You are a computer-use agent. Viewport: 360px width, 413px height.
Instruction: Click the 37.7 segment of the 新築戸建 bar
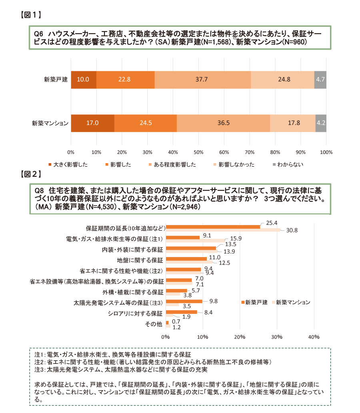point(203,80)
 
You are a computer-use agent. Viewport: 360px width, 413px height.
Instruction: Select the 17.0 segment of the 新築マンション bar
point(92,123)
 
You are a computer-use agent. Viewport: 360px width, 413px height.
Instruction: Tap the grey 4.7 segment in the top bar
point(320,80)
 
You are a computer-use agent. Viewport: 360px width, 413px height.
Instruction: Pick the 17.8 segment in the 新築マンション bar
point(292,123)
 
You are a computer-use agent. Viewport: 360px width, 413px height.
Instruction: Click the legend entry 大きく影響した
point(68,165)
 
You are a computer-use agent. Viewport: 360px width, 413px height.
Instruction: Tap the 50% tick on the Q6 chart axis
point(198,152)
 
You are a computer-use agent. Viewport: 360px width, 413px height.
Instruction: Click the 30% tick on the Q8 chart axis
point(276,337)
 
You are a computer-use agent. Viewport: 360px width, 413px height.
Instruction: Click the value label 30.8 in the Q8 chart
point(293,230)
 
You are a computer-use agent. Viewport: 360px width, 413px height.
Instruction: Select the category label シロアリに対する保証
point(136,313)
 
